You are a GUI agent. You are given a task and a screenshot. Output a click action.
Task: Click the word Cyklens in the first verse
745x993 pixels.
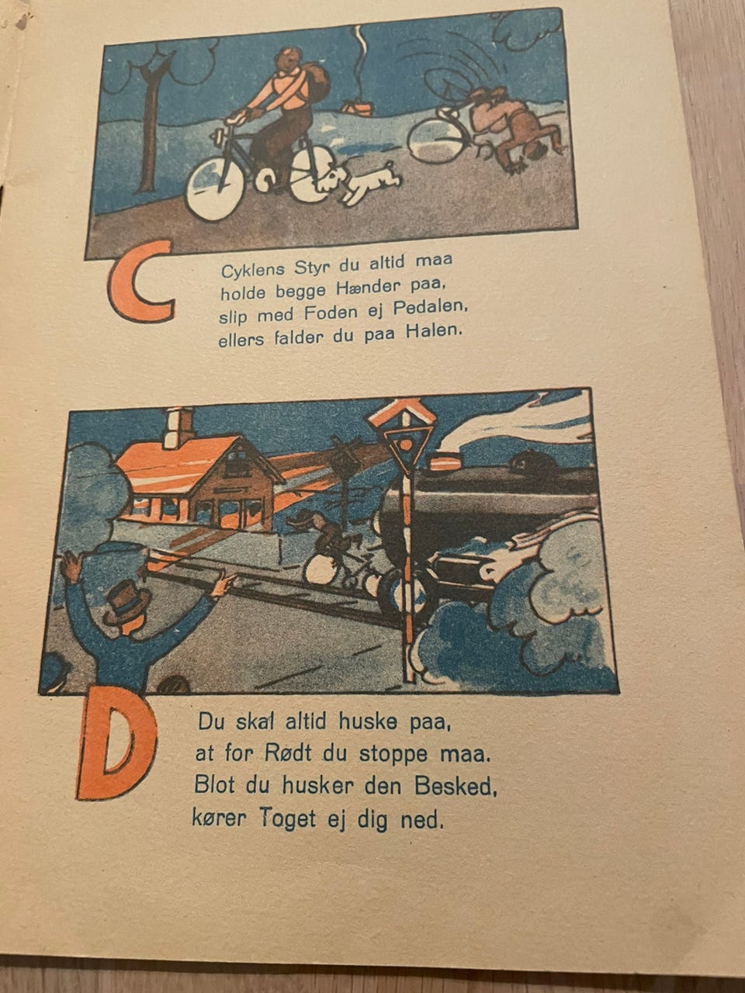click(x=253, y=270)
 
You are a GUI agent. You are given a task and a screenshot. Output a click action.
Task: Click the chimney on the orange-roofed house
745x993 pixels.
click(x=178, y=427)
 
